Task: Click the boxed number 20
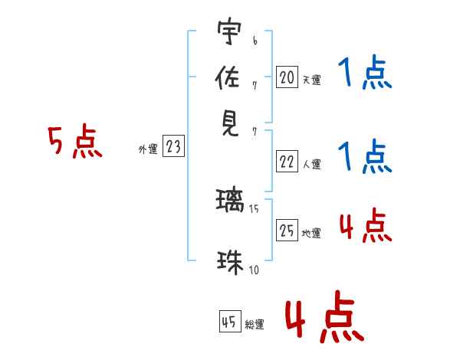pyautogui.click(x=287, y=77)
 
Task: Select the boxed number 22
pyautogui.click(x=287, y=161)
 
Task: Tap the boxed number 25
pyautogui.click(x=287, y=231)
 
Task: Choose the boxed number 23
pyautogui.click(x=173, y=147)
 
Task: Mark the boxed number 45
pyautogui.click(x=229, y=322)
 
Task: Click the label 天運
pyautogui.click(x=311, y=80)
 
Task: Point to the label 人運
pyautogui.click(x=311, y=164)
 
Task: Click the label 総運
pyautogui.click(x=255, y=325)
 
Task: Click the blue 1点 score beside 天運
pyautogui.click(x=364, y=75)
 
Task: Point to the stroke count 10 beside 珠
pyautogui.click(x=254, y=270)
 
